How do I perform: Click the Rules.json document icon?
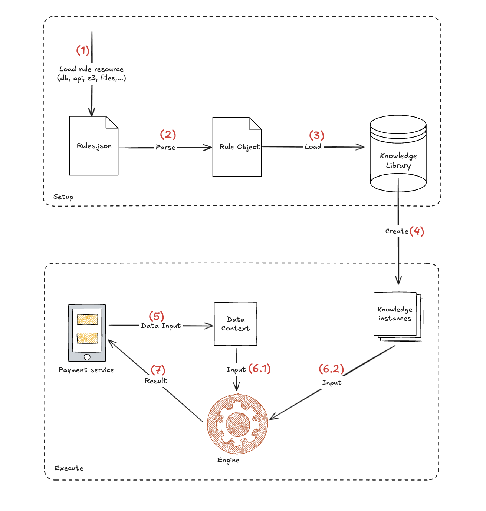[x=94, y=146]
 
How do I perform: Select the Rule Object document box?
[x=237, y=147]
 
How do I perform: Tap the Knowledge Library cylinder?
[x=398, y=154]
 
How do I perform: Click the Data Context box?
[x=236, y=324]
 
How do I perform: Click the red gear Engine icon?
[x=237, y=424]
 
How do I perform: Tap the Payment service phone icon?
[x=87, y=333]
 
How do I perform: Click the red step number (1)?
[x=83, y=50]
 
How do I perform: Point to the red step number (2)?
[x=168, y=134]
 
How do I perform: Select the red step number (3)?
[x=316, y=135]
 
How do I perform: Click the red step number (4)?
[x=417, y=231]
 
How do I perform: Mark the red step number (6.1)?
[x=260, y=369]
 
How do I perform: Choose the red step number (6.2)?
[x=331, y=369]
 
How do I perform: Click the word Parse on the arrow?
[x=165, y=148]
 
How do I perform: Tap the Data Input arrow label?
[x=161, y=326]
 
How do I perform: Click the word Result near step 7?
[x=156, y=381]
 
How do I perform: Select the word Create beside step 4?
[x=397, y=231]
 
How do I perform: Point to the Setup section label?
[x=63, y=197]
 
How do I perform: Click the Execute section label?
[x=69, y=468]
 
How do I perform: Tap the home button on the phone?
[x=87, y=357]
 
